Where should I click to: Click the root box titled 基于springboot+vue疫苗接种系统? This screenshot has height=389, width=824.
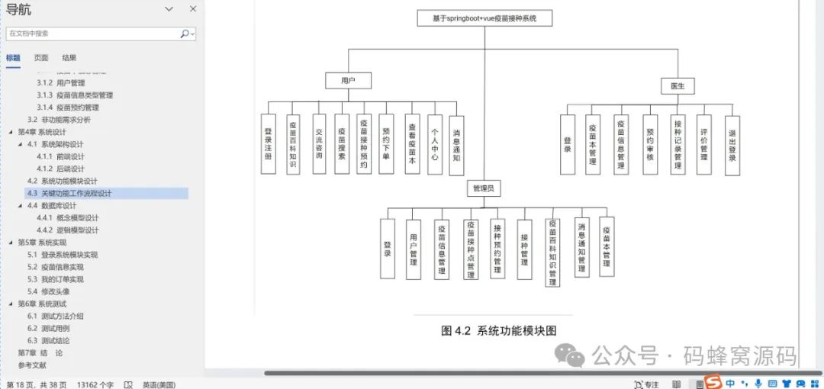(x=484, y=19)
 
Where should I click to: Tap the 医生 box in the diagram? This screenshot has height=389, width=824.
(x=678, y=85)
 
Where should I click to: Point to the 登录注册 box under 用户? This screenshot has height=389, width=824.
(x=269, y=144)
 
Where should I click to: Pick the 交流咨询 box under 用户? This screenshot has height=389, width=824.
(x=319, y=144)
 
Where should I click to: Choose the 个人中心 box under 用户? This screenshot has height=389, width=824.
(x=435, y=144)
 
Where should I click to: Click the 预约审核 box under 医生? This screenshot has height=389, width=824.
(x=650, y=144)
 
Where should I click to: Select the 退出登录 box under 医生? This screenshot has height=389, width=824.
(x=732, y=144)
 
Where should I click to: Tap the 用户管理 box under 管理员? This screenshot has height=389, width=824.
(x=414, y=249)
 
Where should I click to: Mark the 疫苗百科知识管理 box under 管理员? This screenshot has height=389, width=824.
(x=552, y=252)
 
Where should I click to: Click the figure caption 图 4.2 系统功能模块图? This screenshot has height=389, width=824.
(x=499, y=330)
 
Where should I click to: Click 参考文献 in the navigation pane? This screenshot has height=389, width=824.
(x=33, y=365)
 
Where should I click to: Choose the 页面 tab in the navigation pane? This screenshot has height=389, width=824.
(x=41, y=58)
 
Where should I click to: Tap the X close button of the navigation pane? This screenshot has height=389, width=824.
(x=193, y=9)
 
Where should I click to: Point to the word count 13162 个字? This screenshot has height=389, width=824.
(x=95, y=384)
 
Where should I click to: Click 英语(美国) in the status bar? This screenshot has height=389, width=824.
(x=159, y=384)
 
